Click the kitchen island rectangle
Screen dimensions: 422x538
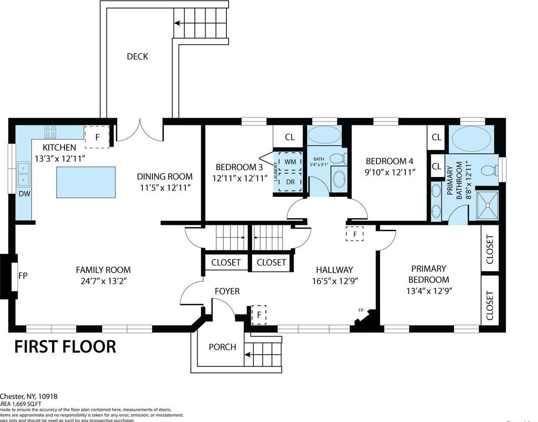86,182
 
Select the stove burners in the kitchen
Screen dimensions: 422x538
51,132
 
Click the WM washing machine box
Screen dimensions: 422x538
290,162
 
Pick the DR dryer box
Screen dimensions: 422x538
290,181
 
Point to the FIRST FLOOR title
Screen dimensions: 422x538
65,347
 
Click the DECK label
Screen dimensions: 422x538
137,56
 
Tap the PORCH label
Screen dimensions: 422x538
222,347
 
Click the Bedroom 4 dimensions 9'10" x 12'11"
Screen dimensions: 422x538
390,172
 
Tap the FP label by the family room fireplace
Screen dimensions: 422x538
23,275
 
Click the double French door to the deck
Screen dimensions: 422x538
140,131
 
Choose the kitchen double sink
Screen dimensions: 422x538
23,174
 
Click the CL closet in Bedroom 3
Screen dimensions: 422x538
290,137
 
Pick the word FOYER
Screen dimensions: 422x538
227,292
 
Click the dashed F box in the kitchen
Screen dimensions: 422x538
97,137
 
